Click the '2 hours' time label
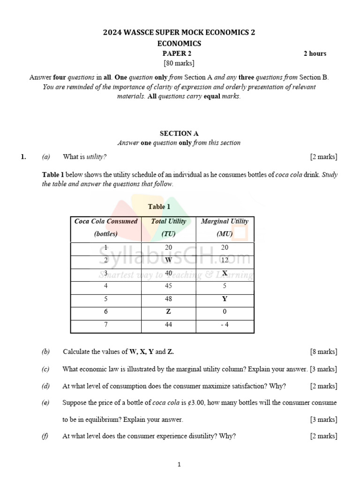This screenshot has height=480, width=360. tap(315, 53)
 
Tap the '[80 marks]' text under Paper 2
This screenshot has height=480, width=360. tap(179, 63)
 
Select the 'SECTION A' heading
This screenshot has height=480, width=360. tap(179, 134)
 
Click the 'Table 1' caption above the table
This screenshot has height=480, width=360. tap(159, 207)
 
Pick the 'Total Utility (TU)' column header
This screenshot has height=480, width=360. tap(168, 228)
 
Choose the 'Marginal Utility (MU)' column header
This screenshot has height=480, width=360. tap(225, 228)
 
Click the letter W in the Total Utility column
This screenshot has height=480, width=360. tap(169, 260)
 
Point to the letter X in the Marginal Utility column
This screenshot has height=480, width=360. tap(225, 273)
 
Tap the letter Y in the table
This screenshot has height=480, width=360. tap(225, 299)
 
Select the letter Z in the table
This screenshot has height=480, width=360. tap(169, 312)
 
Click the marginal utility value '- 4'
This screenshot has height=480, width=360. tap(225, 324)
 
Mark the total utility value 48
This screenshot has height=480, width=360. tap(169, 299)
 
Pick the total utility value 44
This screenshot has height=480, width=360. tap(169, 324)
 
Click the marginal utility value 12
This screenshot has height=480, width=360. tap(225, 260)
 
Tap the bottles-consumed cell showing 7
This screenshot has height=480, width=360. tap(106, 324)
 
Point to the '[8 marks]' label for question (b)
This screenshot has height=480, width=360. tap(323, 352)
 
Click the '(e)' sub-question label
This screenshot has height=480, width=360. tap(45, 403)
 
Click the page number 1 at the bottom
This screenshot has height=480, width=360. tap(179, 465)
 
